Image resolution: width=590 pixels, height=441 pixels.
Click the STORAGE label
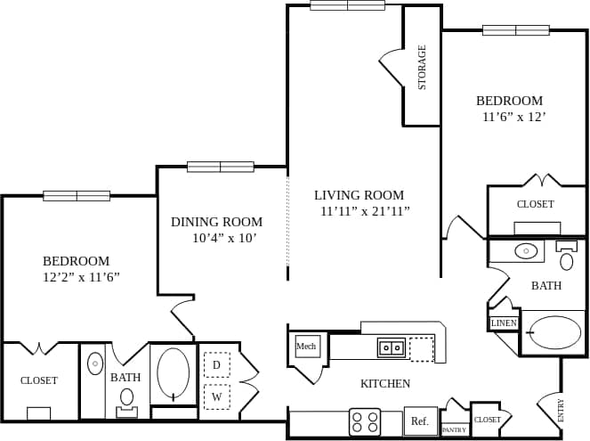[423, 68]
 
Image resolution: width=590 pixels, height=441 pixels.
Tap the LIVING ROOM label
[359, 195]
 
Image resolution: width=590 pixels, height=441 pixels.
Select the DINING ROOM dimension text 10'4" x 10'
[224, 239]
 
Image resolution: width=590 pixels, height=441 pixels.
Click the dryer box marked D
[216, 365]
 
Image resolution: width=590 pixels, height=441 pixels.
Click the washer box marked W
[216, 396]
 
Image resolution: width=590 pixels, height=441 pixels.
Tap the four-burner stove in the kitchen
[365, 421]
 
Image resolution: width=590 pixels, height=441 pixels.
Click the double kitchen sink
[392, 347]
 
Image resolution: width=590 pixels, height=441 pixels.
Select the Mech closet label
[306, 346]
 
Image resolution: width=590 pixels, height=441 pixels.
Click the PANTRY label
[454, 430]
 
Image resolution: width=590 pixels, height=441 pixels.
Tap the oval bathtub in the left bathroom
[173, 375]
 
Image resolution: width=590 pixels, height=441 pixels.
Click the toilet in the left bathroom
[127, 398]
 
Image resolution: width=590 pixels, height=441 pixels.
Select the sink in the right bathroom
[526, 251]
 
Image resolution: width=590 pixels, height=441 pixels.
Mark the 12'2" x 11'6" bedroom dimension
[81, 277]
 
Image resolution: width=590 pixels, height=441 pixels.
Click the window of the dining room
[220, 167]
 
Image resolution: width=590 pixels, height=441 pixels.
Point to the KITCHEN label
[385, 384]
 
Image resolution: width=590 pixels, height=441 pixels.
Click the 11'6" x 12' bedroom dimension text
[513, 117]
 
